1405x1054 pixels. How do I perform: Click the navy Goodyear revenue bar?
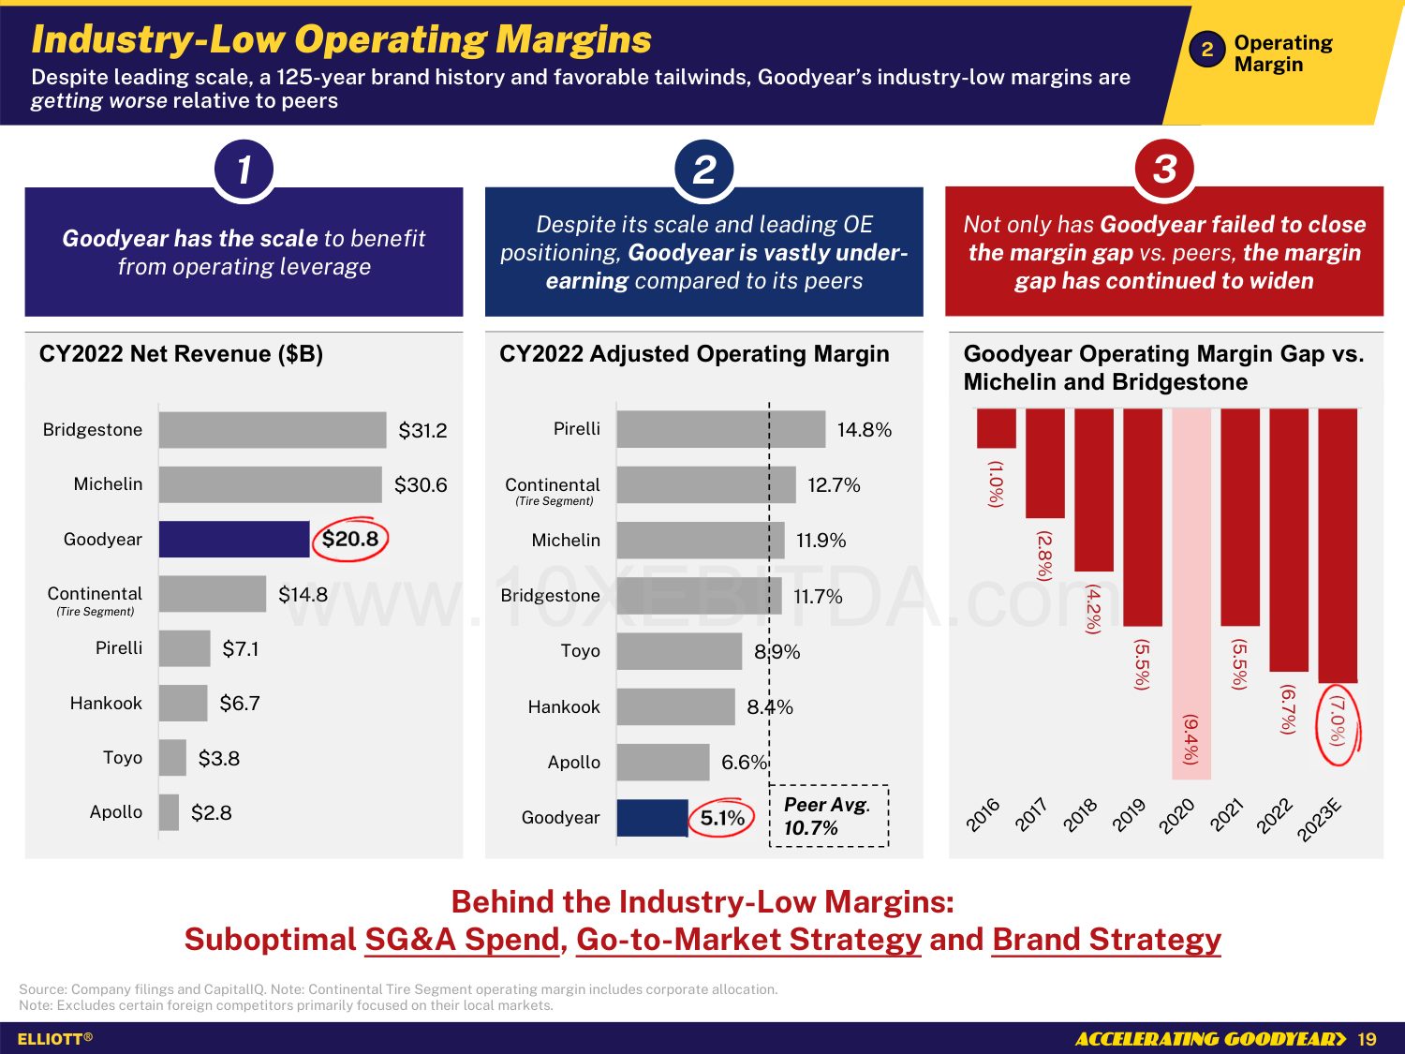234,540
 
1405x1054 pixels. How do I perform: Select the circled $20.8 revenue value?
350,540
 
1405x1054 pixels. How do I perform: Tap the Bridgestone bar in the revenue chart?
273,430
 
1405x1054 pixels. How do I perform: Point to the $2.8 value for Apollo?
212,813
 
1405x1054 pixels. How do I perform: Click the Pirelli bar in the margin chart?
721,429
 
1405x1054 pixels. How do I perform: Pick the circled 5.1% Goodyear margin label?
722,818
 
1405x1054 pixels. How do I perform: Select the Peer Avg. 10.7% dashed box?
828,816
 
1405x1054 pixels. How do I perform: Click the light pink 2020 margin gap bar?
1191,594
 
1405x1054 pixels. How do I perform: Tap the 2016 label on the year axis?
983,815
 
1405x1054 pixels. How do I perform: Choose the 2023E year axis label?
1320,821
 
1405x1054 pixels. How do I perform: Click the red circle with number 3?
1164,170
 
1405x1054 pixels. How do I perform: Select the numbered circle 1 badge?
244,170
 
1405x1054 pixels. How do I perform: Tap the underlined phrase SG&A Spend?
462,940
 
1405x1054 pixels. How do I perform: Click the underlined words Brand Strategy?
1106,940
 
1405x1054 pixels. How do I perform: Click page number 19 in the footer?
1367,1039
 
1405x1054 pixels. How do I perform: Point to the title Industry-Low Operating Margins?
341,39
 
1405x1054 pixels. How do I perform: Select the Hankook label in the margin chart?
564,707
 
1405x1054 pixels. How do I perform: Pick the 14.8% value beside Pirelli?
864,430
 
